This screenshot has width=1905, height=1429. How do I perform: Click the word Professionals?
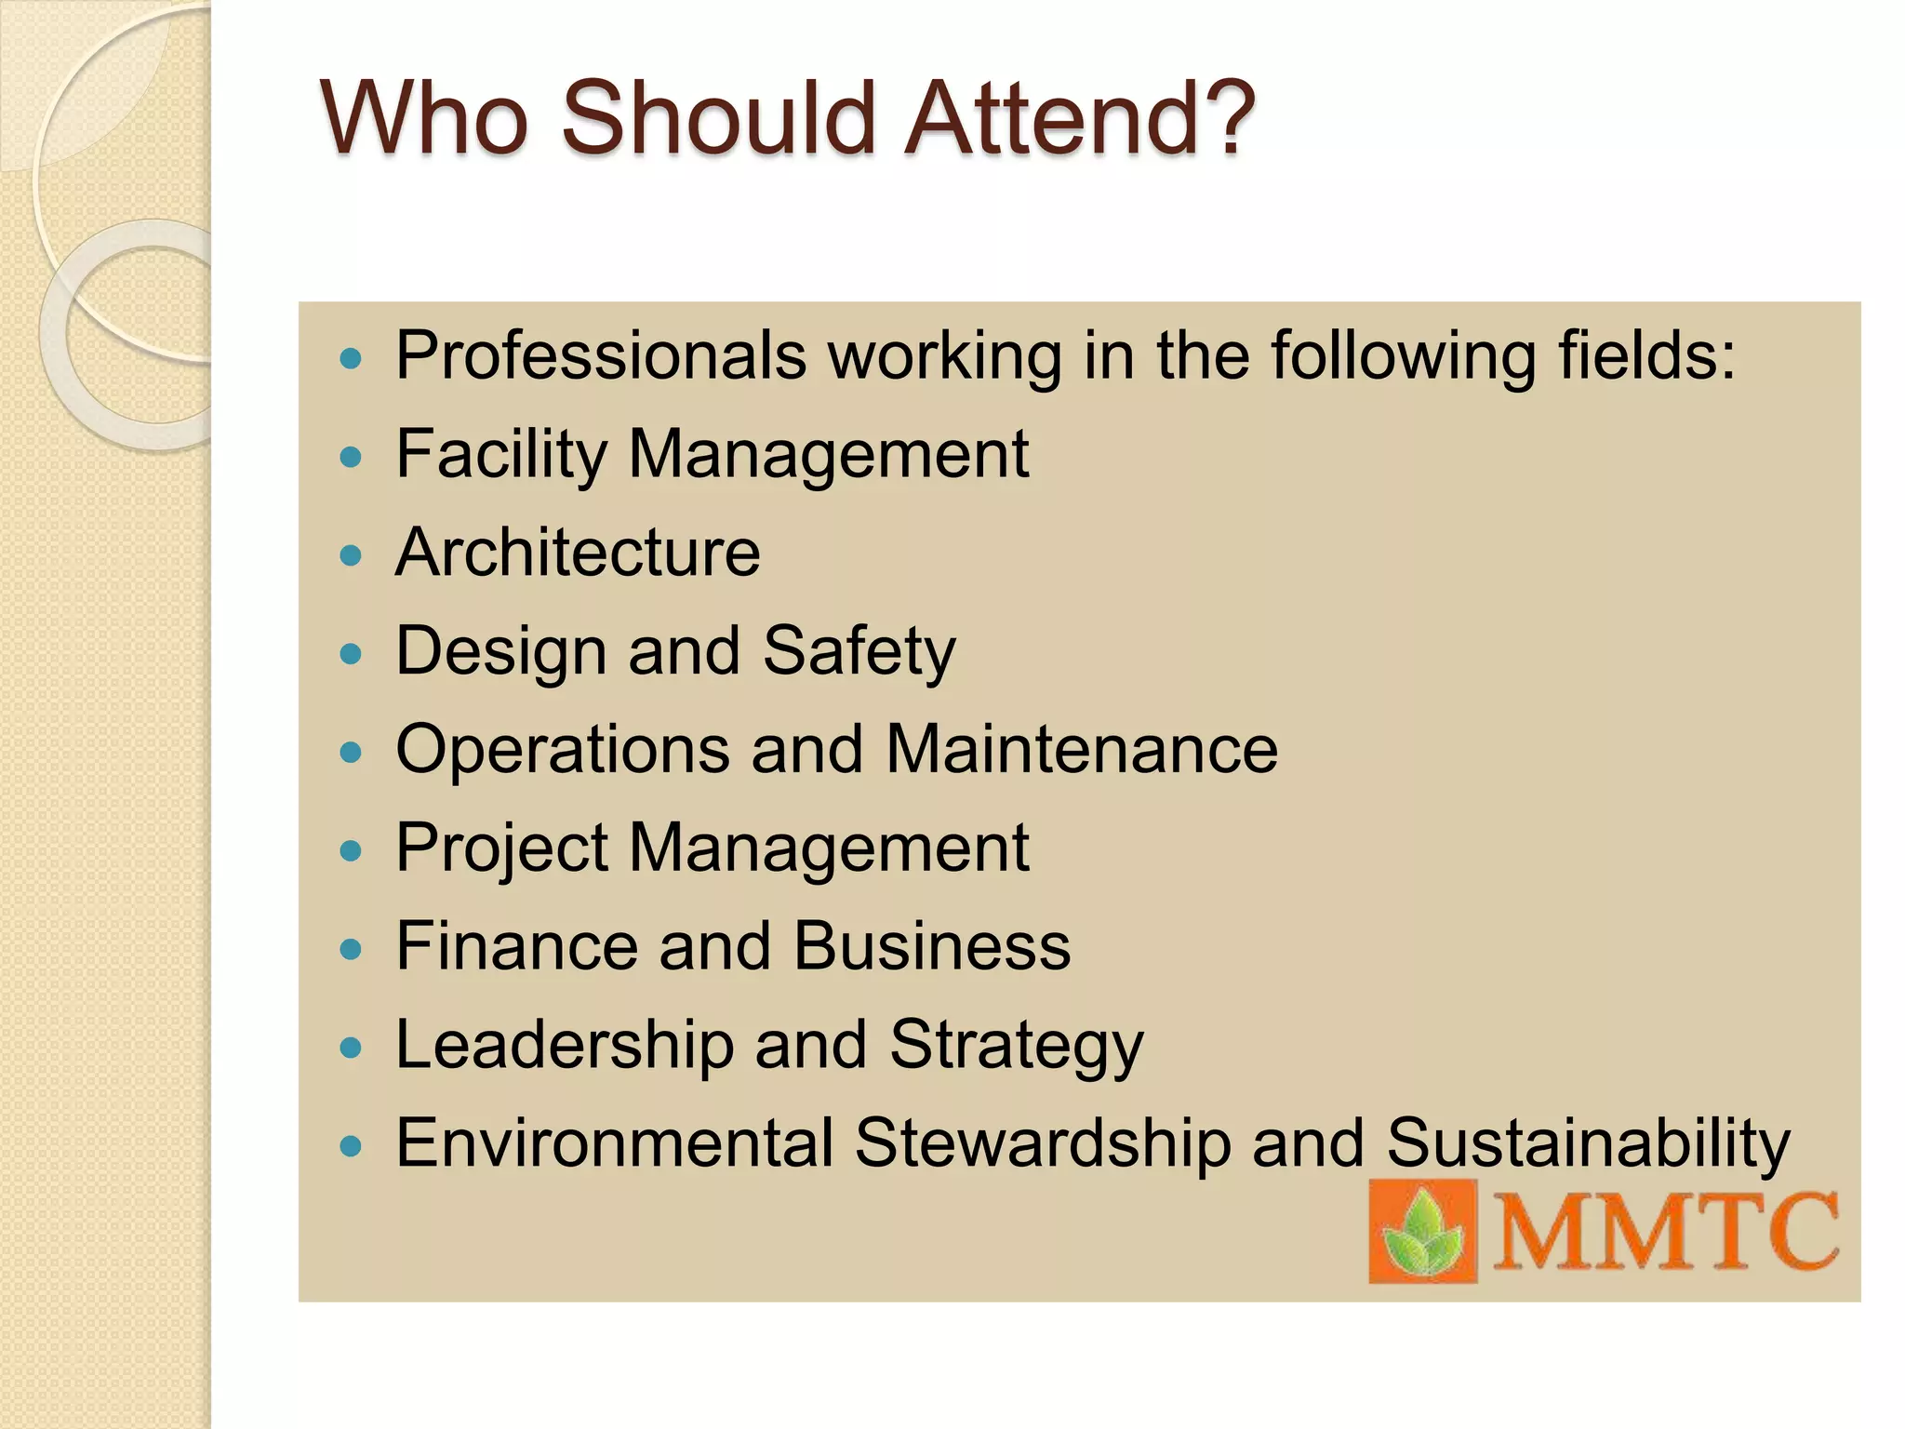click(601, 355)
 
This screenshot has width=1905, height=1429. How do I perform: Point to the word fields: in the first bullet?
click(1647, 355)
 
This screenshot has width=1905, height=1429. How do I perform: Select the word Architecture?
click(578, 553)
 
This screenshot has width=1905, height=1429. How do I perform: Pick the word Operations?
click(563, 750)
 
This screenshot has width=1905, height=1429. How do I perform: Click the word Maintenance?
click(1082, 750)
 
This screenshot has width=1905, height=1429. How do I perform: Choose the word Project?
click(502, 848)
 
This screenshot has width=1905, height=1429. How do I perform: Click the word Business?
click(932, 947)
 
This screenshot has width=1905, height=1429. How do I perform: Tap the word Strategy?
click(1017, 1046)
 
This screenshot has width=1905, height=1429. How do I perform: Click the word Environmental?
click(614, 1144)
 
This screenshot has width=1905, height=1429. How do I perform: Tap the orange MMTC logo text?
click(1666, 1232)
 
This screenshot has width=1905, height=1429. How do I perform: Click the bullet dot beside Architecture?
click(351, 556)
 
